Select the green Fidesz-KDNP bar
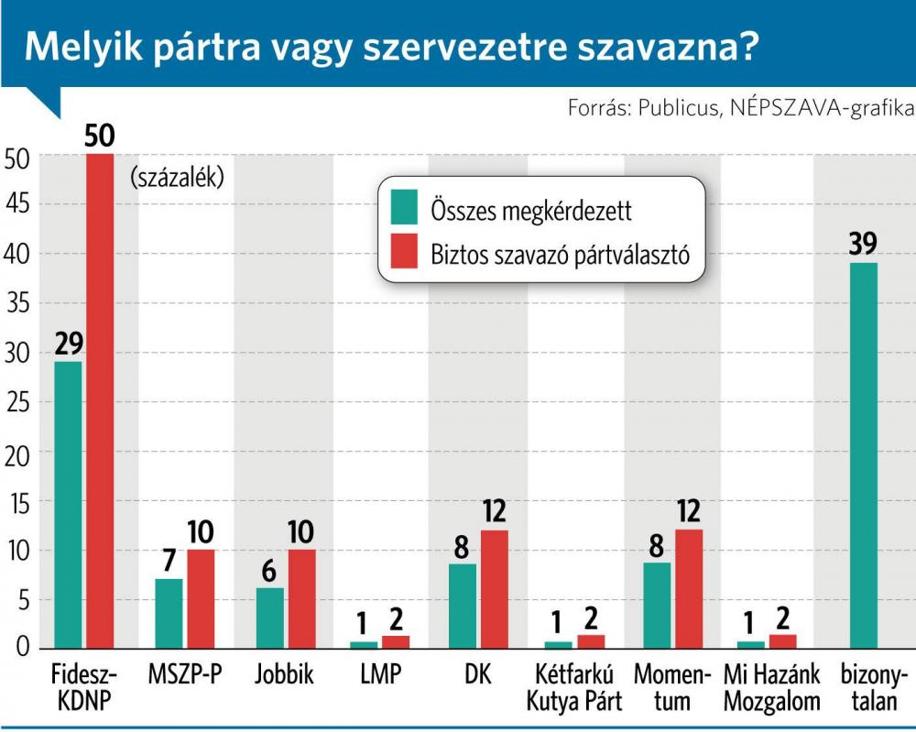click(x=68, y=505)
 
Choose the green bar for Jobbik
click(x=269, y=617)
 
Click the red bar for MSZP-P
click(x=201, y=599)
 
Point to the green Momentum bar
click(x=657, y=606)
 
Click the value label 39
click(x=863, y=244)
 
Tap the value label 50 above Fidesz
click(x=99, y=136)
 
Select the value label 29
click(x=68, y=344)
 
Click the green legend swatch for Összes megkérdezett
click(x=403, y=210)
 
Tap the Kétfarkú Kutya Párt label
click(x=579, y=689)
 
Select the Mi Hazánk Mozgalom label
click(x=770, y=689)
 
